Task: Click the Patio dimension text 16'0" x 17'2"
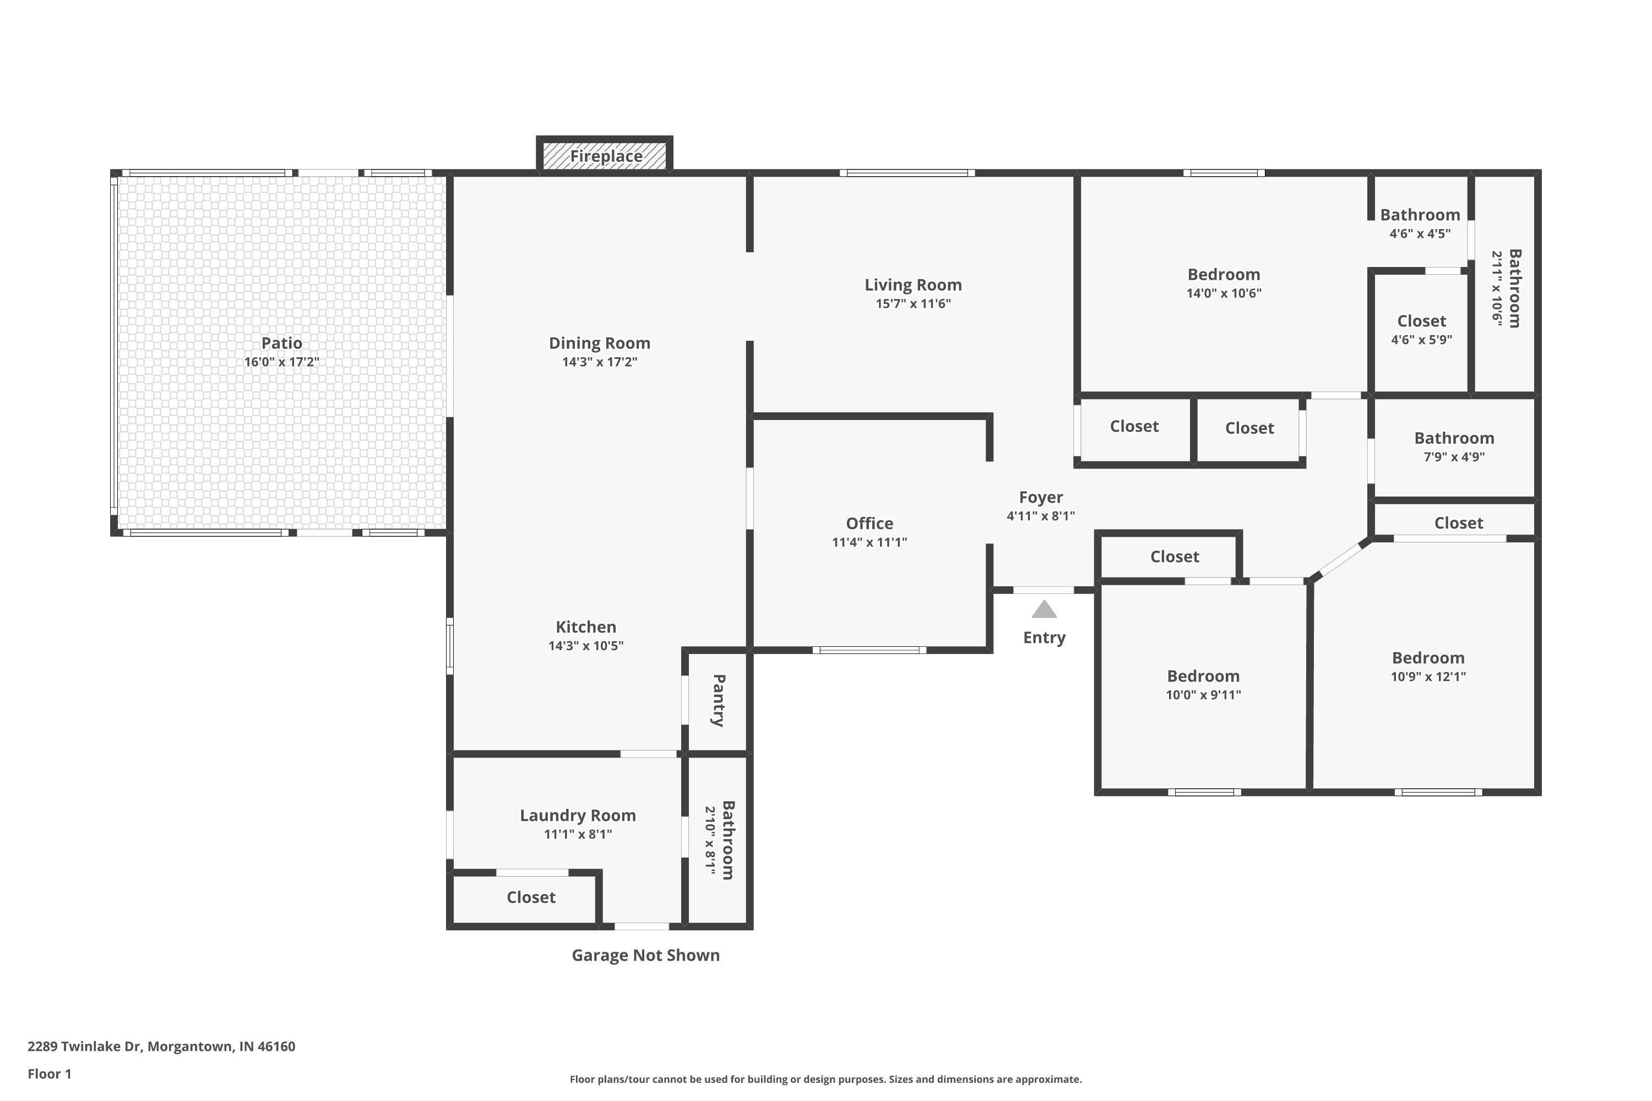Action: click(281, 362)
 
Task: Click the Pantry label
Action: click(719, 700)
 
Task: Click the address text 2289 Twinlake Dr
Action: click(161, 1047)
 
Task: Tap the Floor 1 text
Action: click(49, 1073)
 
